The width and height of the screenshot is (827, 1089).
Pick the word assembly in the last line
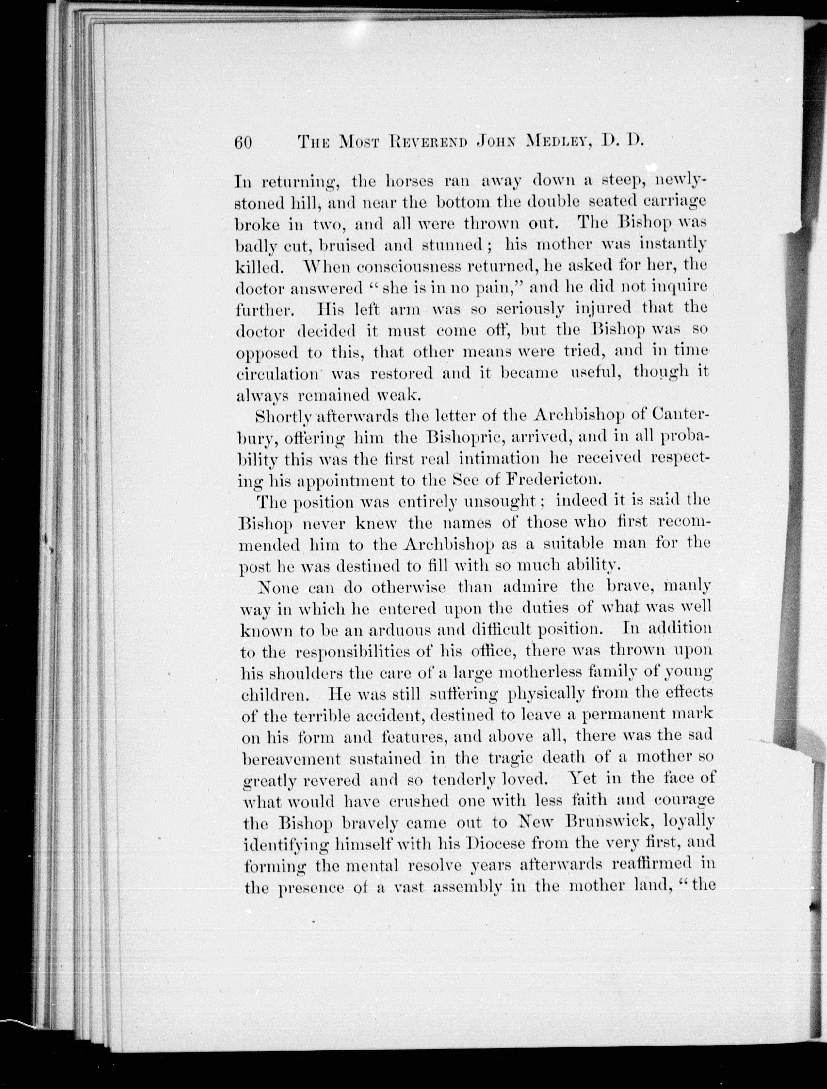(473, 887)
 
